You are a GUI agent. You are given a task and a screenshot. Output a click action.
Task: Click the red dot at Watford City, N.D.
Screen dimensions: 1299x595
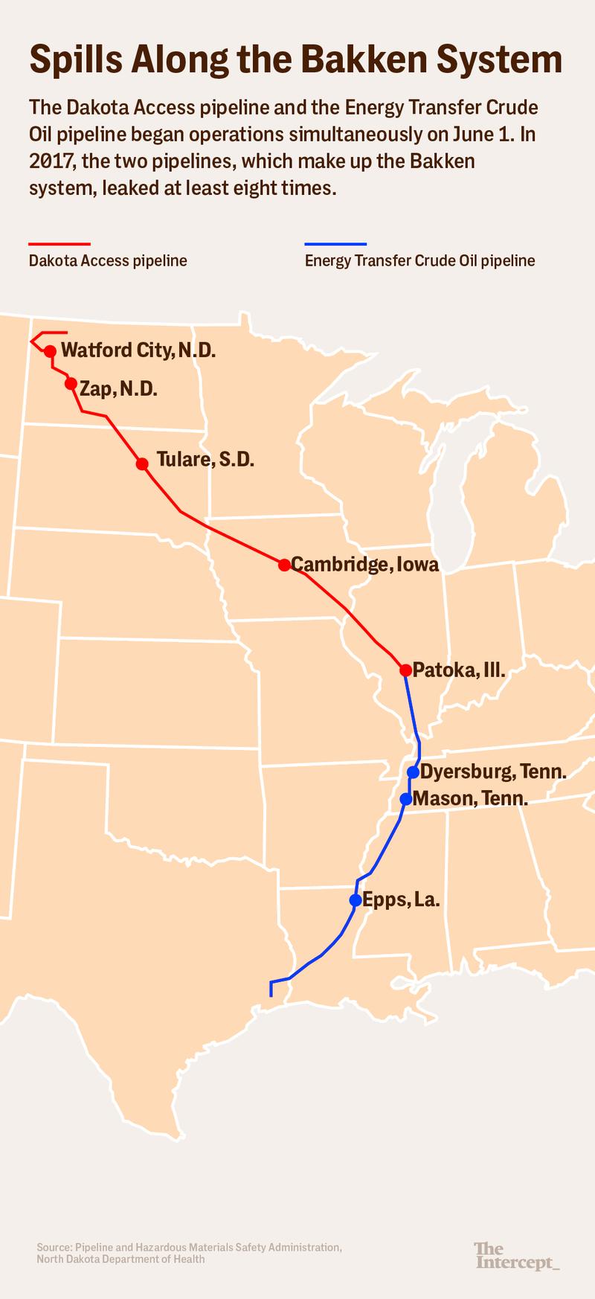pyautogui.click(x=50, y=351)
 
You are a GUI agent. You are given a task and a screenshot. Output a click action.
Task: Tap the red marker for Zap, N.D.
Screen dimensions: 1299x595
pyautogui.click(x=71, y=384)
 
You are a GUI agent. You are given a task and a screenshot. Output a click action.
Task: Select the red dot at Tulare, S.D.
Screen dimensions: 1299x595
pyautogui.click(x=142, y=464)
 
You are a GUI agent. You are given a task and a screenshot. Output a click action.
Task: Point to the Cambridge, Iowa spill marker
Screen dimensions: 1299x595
pyautogui.click(x=284, y=565)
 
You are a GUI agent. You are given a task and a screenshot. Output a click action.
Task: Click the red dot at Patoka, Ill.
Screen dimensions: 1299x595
pyautogui.click(x=405, y=670)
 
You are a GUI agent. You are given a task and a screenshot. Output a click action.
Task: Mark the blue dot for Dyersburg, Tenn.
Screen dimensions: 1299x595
pyautogui.click(x=414, y=772)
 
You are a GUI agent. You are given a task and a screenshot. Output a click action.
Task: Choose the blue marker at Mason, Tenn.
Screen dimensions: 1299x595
pyautogui.click(x=405, y=799)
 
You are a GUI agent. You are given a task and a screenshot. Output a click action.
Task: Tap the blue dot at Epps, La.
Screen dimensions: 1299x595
pyautogui.click(x=356, y=900)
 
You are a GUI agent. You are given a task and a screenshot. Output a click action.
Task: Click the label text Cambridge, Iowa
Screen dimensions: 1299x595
pyautogui.click(x=364, y=565)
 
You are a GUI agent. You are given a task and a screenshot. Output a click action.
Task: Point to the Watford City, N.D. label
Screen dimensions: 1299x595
pyautogui.click(x=138, y=350)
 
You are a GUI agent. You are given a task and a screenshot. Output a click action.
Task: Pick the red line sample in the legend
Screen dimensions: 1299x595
pyautogui.click(x=59, y=243)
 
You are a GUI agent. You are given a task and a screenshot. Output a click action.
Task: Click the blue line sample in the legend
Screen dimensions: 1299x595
pyautogui.click(x=335, y=243)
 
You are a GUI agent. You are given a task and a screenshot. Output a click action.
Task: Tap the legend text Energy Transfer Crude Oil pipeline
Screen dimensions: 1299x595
pyautogui.click(x=419, y=261)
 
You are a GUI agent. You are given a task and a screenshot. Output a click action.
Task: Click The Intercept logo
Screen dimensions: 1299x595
pyautogui.click(x=516, y=1255)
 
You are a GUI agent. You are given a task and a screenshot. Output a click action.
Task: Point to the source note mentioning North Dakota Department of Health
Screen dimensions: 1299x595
pyautogui.click(x=120, y=1260)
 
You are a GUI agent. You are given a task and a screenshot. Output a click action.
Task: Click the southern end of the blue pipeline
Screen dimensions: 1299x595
pyautogui.click(x=271, y=995)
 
